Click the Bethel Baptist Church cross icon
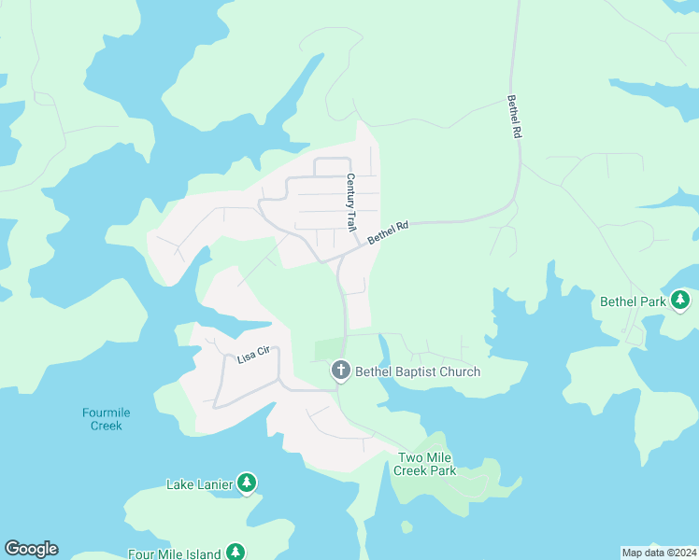(341, 371)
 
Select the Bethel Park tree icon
(681, 301)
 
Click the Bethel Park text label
(633, 301)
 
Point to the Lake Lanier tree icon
(247, 483)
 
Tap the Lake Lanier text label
(199, 484)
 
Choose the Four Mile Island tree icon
(235, 553)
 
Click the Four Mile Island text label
(175, 553)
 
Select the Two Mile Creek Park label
(427, 464)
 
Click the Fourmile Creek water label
(107, 419)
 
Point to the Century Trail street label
(351, 203)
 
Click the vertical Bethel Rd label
(513, 117)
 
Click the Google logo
(31, 549)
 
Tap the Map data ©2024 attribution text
(659, 553)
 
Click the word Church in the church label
(457, 371)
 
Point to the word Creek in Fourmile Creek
(107, 426)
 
